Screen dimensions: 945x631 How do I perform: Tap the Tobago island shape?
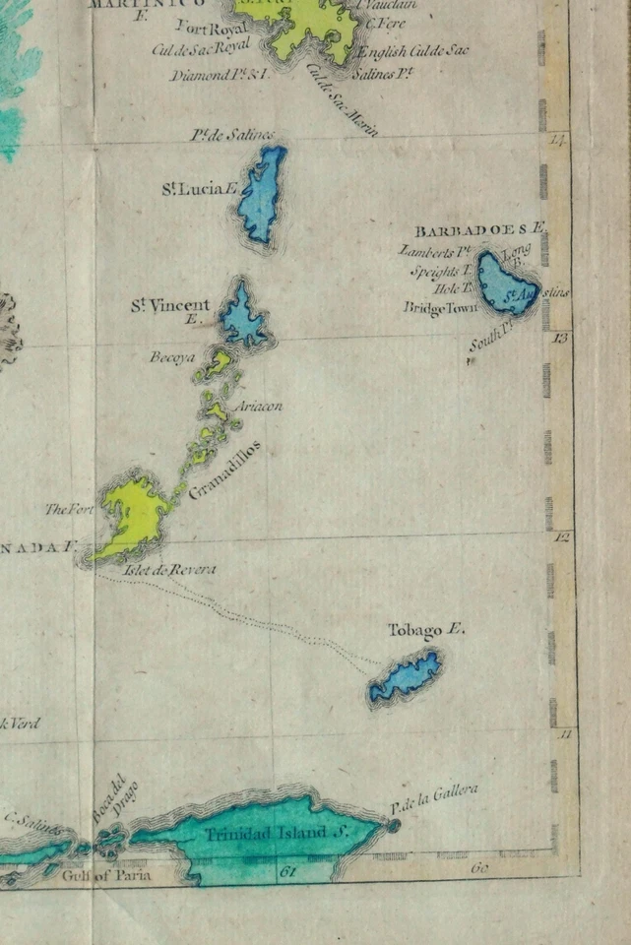(x=405, y=677)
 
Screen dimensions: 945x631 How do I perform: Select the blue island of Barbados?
(x=507, y=283)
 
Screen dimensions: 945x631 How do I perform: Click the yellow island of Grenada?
(x=133, y=517)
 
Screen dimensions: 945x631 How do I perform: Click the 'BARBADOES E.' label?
(x=479, y=230)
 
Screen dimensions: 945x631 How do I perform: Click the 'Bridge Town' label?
(x=440, y=308)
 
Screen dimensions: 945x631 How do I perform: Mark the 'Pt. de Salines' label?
(x=232, y=135)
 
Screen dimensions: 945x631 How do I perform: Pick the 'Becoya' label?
(x=172, y=356)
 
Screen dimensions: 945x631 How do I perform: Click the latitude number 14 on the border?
(x=558, y=141)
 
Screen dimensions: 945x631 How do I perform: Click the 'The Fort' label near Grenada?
(x=69, y=509)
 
